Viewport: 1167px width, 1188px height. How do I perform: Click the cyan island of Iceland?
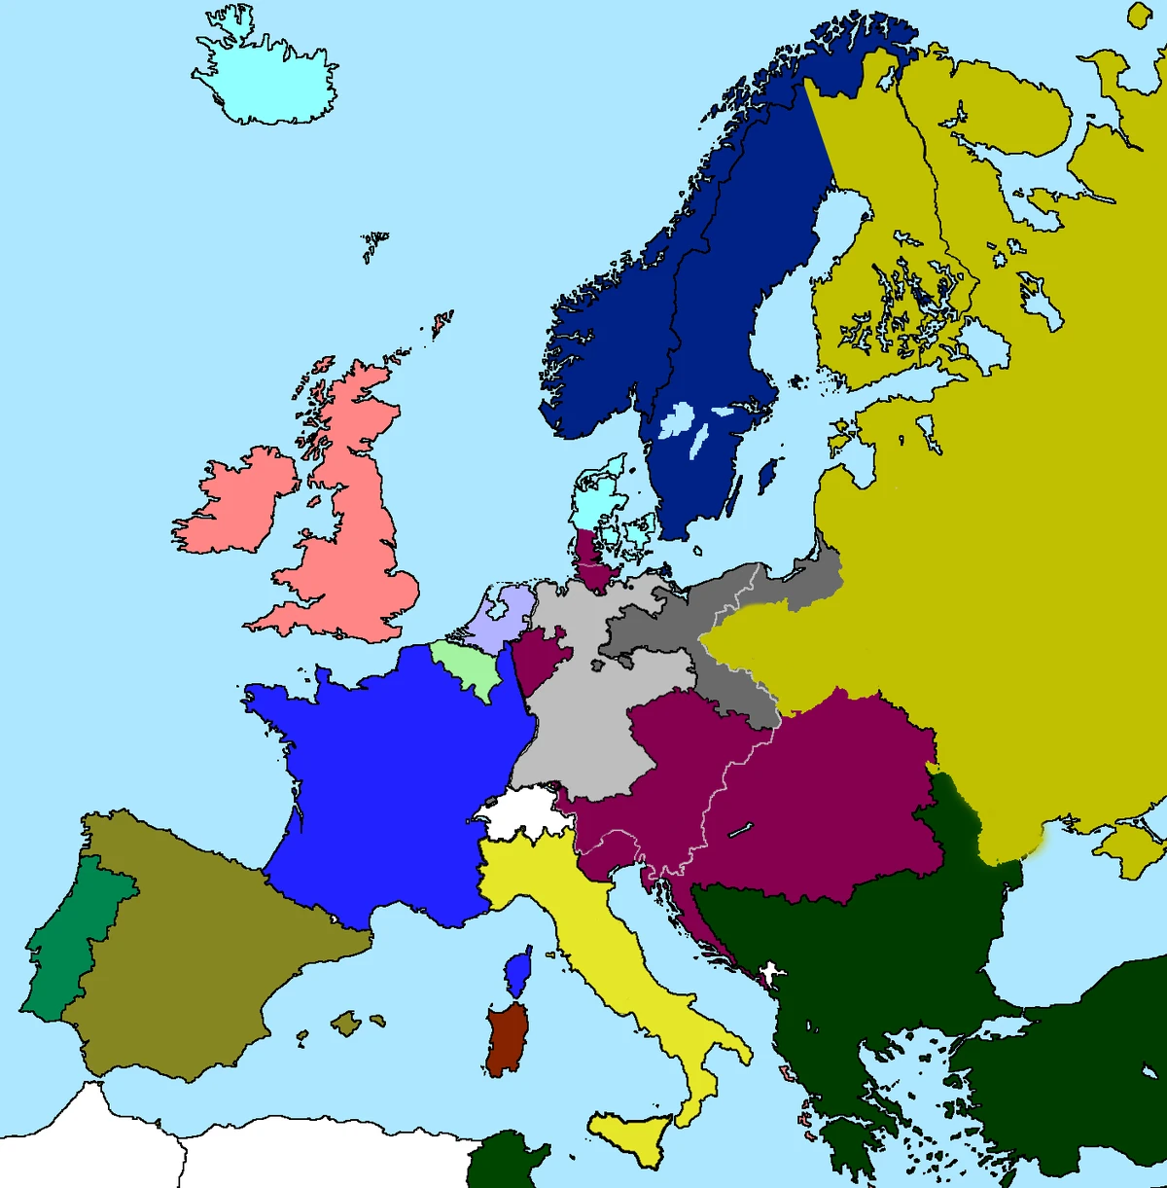tap(267, 83)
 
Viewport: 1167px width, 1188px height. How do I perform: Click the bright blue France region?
tap(389, 778)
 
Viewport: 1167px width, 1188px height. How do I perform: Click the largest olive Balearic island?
tap(346, 1023)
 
